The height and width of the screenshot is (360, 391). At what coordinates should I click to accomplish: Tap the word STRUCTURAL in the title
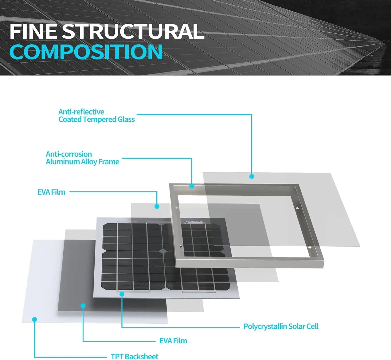pyautogui.click(x=133, y=32)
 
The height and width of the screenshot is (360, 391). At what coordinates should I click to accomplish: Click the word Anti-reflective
pyautogui.click(x=81, y=112)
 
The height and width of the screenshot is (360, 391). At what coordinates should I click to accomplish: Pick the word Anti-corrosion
pyautogui.click(x=69, y=154)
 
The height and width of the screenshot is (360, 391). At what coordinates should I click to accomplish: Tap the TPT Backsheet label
pyautogui.click(x=135, y=356)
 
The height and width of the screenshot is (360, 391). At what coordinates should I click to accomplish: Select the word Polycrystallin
pyautogui.click(x=265, y=326)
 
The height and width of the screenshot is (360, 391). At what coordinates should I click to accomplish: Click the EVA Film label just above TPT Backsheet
pyautogui.click(x=173, y=341)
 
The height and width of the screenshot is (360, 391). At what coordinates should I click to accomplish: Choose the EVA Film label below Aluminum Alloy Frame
pyautogui.click(x=51, y=192)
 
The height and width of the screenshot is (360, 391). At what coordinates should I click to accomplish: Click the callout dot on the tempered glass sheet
pyautogui.click(x=252, y=176)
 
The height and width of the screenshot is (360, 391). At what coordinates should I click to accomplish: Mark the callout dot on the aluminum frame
pyautogui.click(x=192, y=186)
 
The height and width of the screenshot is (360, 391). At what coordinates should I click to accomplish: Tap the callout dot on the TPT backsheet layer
pyautogui.click(x=34, y=319)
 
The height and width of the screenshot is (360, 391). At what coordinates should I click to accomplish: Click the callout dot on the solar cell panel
pyautogui.click(x=122, y=294)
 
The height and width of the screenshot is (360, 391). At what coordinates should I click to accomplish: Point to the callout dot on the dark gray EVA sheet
pyautogui.click(x=83, y=306)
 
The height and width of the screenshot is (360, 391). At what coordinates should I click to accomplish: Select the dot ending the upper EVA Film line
pyautogui.click(x=157, y=206)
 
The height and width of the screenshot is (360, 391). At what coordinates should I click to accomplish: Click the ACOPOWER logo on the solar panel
pyautogui.click(x=193, y=222)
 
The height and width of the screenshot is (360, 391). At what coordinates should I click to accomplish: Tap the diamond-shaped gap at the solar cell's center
pyautogui.click(x=163, y=251)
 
